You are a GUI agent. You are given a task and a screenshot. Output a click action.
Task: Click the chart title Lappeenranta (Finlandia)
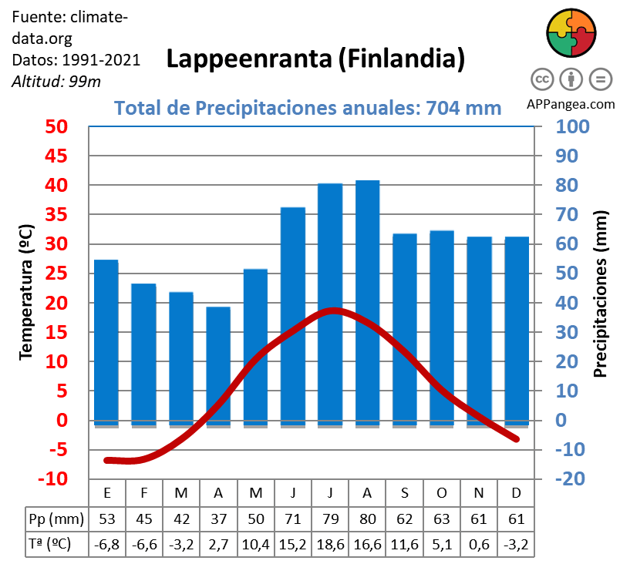pyautogui.click(x=315, y=59)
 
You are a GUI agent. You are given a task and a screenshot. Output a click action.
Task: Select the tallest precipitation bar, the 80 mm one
pyautogui.click(x=368, y=300)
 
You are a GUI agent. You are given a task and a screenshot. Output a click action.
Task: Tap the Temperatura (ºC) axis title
pyautogui.click(x=25, y=292)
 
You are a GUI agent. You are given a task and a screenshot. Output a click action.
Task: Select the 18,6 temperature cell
pyautogui.click(x=330, y=545)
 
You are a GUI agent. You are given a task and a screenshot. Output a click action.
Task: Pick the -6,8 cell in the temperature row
pyautogui.click(x=106, y=545)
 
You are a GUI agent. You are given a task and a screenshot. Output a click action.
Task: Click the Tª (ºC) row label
pyautogui.click(x=49, y=545)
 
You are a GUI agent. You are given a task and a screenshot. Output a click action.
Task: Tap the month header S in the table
pyautogui.click(x=405, y=492)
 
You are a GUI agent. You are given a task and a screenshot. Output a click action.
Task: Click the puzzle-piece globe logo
pyautogui.click(x=571, y=33)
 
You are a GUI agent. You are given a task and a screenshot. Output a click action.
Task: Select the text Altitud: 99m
pyautogui.click(x=56, y=81)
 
